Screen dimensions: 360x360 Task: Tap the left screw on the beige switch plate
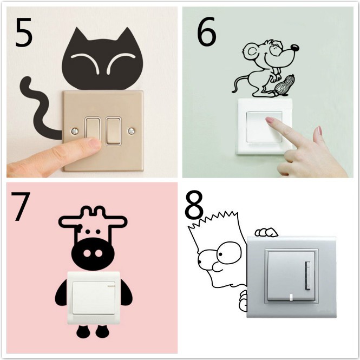[x=73, y=130]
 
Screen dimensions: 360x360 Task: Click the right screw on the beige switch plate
[x=131, y=130]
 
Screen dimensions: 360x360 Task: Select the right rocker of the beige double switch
[x=114, y=130]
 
